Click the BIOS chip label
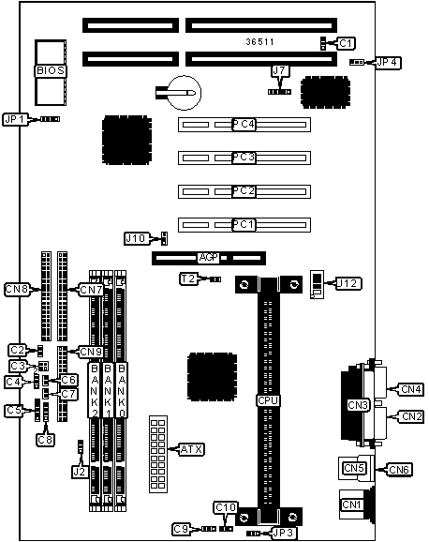point(51,70)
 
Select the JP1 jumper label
point(15,120)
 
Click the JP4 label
point(388,63)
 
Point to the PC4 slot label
point(244,125)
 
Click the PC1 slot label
point(244,225)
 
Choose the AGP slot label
point(209,258)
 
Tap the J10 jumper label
point(137,238)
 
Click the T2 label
point(188,279)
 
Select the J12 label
point(348,283)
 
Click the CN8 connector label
point(17,290)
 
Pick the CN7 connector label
point(91,290)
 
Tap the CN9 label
point(91,352)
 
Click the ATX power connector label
point(192,449)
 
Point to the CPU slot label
point(268,400)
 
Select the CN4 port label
point(410,389)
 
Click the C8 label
point(46,440)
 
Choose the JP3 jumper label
point(283,533)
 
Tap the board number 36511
point(259,42)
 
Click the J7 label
point(280,71)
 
